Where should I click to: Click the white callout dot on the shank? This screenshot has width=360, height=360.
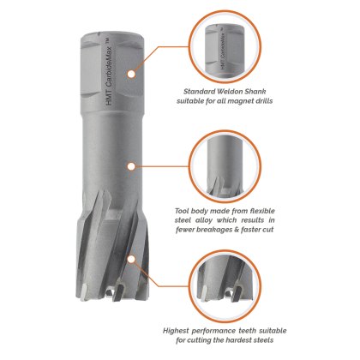tap(131, 74)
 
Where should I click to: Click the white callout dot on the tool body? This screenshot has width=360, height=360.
tap(131, 166)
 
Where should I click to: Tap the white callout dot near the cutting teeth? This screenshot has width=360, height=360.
tap(131, 260)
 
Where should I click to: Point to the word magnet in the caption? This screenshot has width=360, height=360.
tap(241, 101)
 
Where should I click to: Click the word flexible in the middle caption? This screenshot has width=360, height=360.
tap(261, 211)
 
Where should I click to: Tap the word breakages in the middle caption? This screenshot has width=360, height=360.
tap(218, 230)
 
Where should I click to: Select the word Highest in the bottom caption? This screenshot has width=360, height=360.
tap(176, 331)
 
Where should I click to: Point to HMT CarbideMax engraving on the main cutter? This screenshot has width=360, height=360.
tap(109, 72)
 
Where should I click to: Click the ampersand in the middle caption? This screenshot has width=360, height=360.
tap(237, 230)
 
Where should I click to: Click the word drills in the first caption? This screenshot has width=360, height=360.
tap(264, 101)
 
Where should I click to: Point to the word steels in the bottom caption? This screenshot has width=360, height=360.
tap(263, 340)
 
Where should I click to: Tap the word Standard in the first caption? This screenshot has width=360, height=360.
tap(198, 92)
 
